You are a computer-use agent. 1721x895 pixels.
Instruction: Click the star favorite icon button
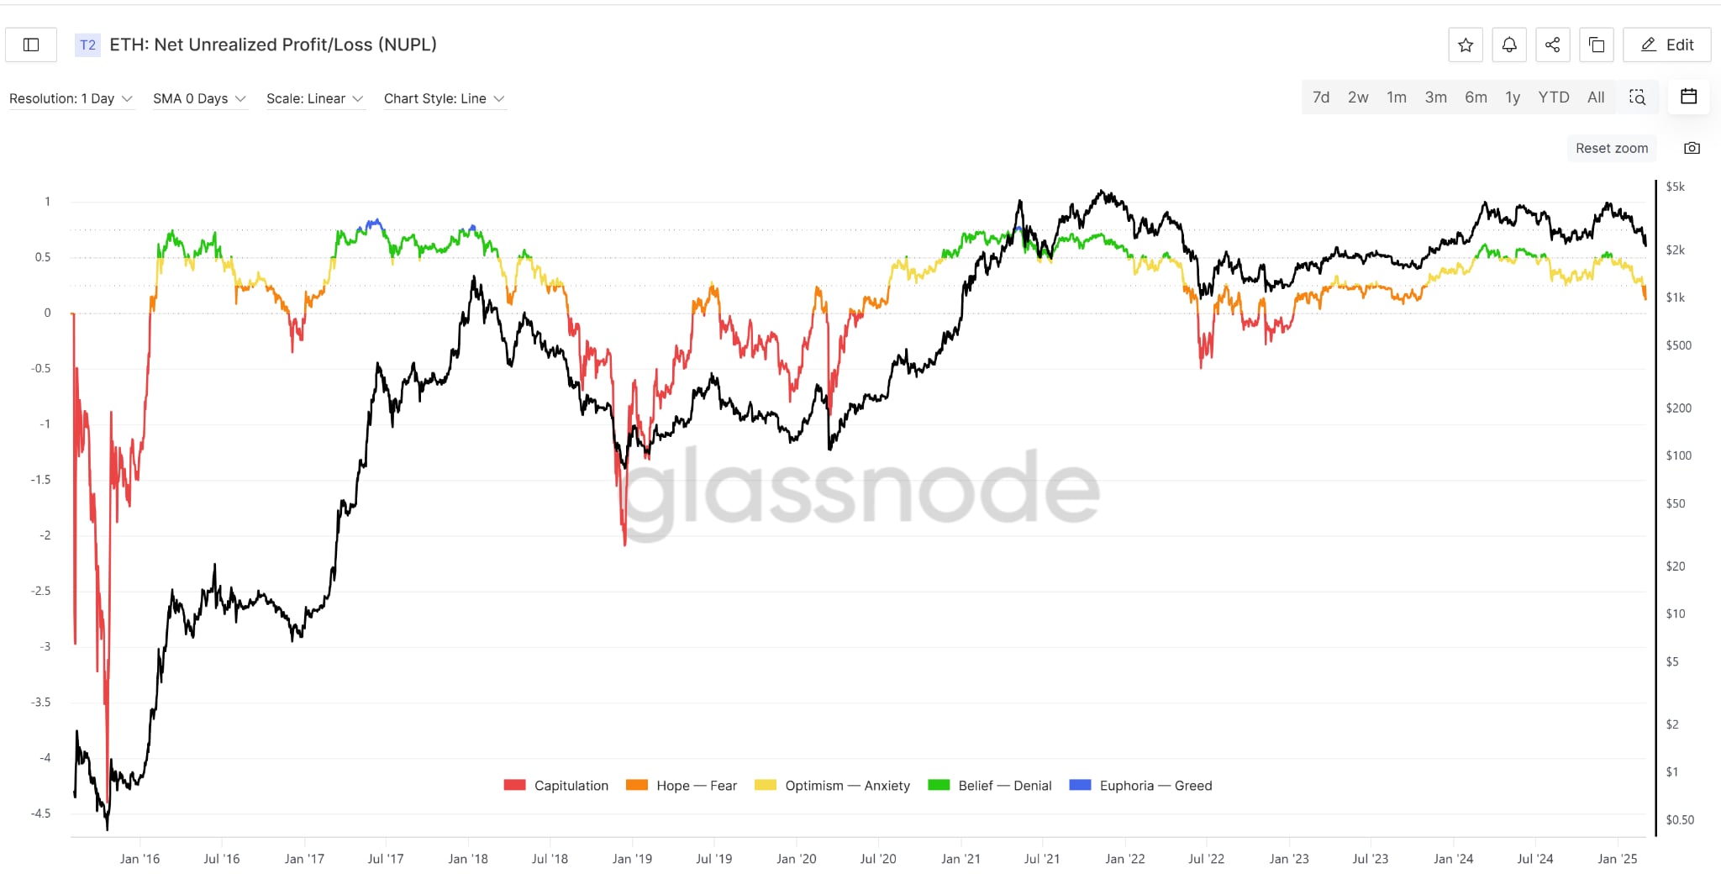pyautogui.click(x=1466, y=45)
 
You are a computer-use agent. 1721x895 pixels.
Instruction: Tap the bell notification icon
pyautogui.click(x=1509, y=45)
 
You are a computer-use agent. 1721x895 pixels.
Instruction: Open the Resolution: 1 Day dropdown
pyautogui.click(x=71, y=98)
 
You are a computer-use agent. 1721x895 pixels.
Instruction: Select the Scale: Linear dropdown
pyautogui.click(x=314, y=98)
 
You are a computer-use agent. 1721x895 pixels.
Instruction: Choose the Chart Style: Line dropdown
pyautogui.click(x=444, y=98)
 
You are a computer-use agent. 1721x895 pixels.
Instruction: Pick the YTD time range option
pyautogui.click(x=1553, y=97)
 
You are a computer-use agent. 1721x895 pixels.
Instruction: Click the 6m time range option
pyautogui.click(x=1476, y=97)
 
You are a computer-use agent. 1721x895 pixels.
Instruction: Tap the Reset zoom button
pyautogui.click(x=1611, y=148)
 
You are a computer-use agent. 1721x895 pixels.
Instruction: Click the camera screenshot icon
pyautogui.click(x=1692, y=148)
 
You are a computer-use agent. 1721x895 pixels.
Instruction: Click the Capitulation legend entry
pyautogui.click(x=556, y=786)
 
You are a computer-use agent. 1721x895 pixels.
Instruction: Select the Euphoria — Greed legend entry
pyautogui.click(x=1140, y=786)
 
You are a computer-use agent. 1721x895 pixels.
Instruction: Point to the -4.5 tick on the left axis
pyautogui.click(x=40, y=813)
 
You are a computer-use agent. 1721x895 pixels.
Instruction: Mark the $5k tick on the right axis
pyautogui.click(x=1675, y=187)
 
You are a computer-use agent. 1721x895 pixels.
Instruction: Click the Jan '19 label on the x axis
pyautogui.click(x=632, y=859)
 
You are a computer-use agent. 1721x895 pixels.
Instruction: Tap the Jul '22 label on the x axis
pyautogui.click(x=1206, y=859)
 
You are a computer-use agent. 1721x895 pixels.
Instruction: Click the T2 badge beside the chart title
pyautogui.click(x=87, y=45)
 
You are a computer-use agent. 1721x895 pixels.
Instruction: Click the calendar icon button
pyautogui.click(x=1688, y=97)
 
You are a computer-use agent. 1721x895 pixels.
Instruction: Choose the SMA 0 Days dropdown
pyautogui.click(x=199, y=98)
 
